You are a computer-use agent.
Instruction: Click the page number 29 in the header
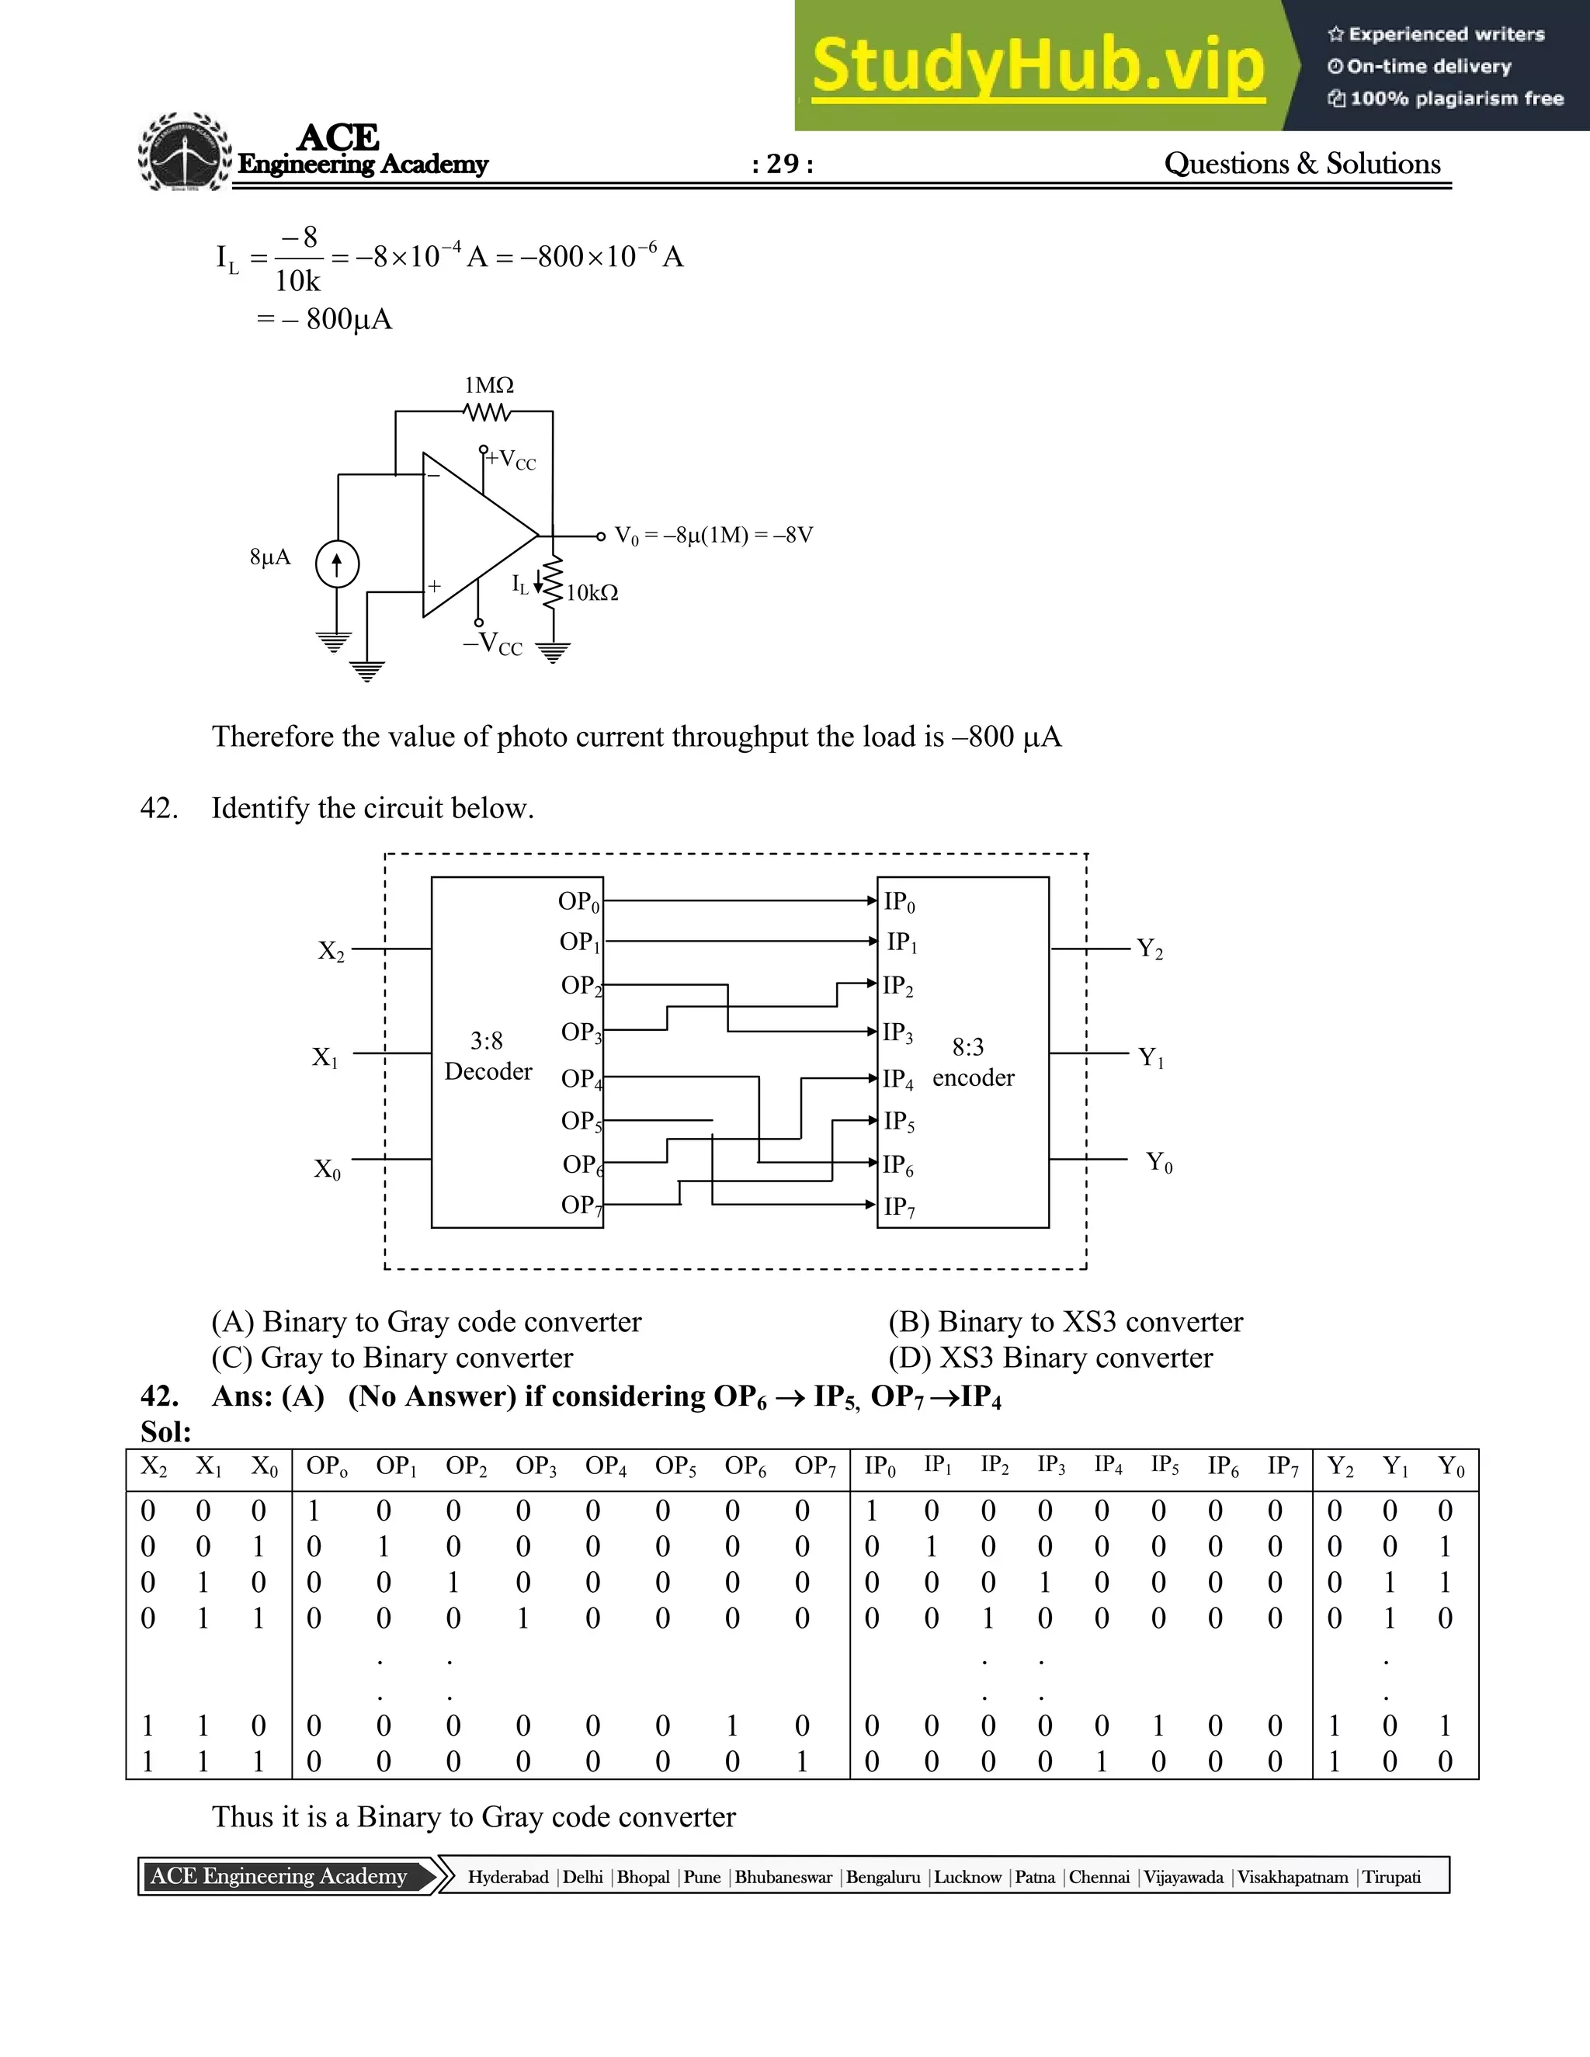point(783,164)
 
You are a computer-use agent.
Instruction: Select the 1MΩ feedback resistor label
point(489,385)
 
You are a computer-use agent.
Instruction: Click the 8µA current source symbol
point(337,565)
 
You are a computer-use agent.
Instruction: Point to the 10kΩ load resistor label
point(592,592)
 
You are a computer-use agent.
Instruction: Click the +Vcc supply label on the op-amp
point(512,460)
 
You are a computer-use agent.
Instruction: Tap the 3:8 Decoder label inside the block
point(488,1056)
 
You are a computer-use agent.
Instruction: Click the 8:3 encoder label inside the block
point(972,1063)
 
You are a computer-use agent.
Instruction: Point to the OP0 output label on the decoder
point(578,902)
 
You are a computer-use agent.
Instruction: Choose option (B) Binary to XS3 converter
point(1065,1323)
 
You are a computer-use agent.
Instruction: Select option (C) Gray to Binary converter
point(392,1358)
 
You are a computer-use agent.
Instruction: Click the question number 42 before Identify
point(159,808)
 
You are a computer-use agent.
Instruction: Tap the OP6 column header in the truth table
point(745,1467)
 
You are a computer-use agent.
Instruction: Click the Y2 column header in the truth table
point(1339,1467)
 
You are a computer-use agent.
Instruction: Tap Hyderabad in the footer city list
point(508,1877)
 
